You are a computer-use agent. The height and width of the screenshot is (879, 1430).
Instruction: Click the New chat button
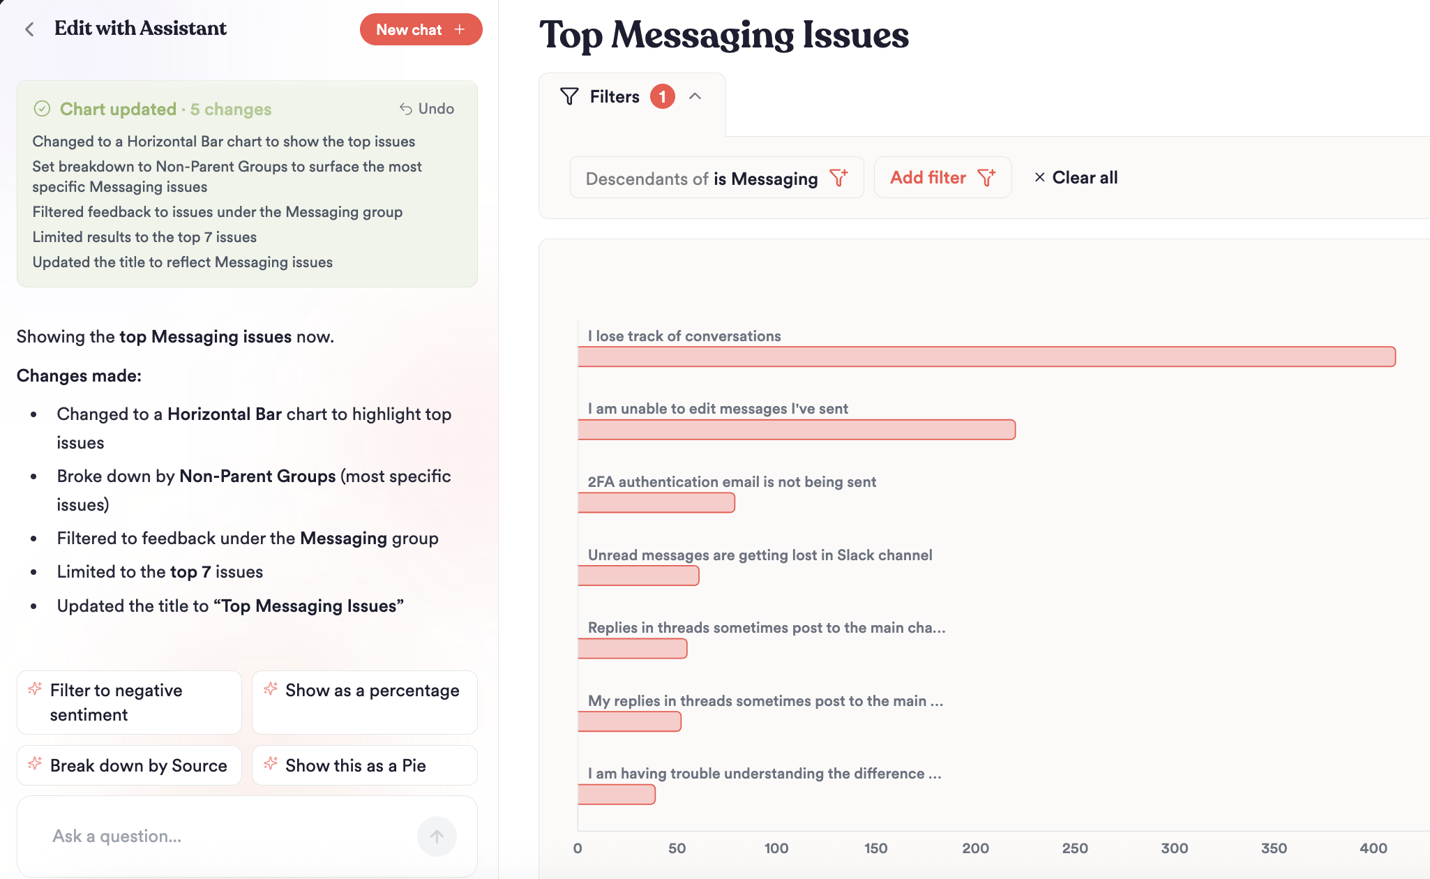point(421,30)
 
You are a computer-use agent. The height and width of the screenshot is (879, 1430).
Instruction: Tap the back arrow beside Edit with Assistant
point(29,29)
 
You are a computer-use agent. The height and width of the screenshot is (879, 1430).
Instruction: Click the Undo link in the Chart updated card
point(427,109)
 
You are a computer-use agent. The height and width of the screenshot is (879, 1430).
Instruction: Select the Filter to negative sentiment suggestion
point(129,702)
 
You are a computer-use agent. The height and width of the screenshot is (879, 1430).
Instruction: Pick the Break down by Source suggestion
point(129,765)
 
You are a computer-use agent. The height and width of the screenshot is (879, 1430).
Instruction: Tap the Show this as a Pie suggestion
point(364,765)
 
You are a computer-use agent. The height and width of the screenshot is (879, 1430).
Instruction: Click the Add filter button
point(942,178)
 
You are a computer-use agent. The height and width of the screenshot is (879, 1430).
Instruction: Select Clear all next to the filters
point(1076,178)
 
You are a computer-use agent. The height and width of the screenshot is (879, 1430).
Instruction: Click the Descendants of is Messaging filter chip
point(716,179)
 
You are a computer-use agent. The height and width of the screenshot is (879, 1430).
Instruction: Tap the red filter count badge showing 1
point(662,96)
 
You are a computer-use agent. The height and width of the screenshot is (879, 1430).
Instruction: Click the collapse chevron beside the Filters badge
point(695,96)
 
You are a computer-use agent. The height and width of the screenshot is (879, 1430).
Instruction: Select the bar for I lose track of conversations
point(986,356)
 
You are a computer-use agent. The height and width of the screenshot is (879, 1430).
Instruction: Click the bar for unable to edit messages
point(796,430)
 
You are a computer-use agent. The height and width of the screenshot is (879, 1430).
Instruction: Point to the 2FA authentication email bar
point(656,502)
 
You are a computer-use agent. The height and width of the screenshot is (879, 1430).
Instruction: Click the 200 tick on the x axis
point(975,848)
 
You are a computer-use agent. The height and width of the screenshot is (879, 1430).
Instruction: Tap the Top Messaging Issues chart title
point(724,35)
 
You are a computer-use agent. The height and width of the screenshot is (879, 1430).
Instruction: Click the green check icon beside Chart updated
point(42,109)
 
